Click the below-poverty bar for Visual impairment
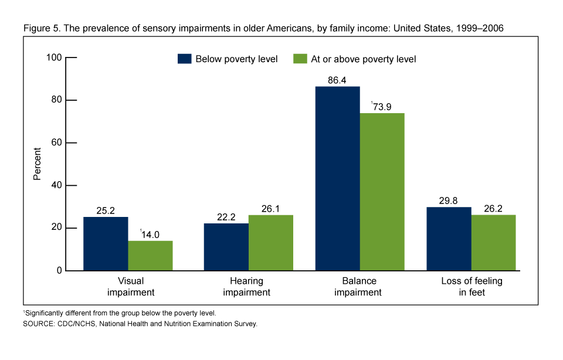coord(106,243)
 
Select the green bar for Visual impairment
coord(150,256)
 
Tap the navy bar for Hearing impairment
coord(226,247)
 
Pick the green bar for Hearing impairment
coord(270,243)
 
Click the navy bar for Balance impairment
coord(338,178)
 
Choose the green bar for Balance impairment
coord(382,192)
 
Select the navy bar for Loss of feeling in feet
coord(449,239)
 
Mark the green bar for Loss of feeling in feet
coord(493,243)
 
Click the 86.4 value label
coord(338,80)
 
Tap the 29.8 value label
coord(449,201)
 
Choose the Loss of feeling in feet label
coord(471,287)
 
